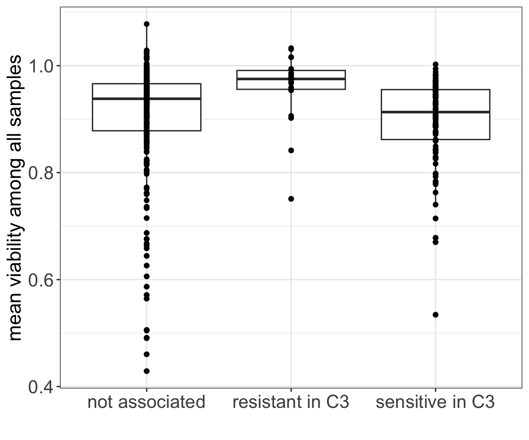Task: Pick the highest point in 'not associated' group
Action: (x=146, y=24)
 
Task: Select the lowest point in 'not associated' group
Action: (x=146, y=371)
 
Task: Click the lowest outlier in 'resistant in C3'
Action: (x=291, y=199)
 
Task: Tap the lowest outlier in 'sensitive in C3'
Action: (x=435, y=315)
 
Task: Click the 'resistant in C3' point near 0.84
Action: (x=291, y=150)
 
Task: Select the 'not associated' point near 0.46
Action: (x=146, y=354)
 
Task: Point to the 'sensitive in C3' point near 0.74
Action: (x=435, y=204)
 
